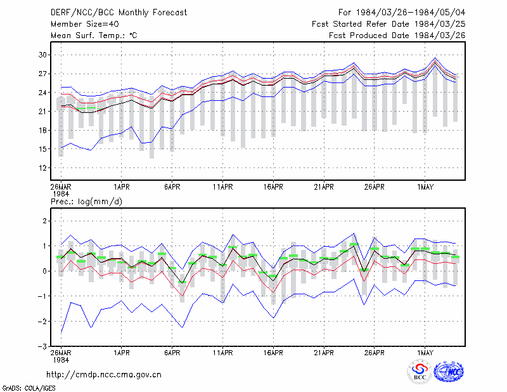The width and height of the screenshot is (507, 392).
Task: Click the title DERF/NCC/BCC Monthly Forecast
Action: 119,13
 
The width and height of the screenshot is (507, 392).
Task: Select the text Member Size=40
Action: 85,24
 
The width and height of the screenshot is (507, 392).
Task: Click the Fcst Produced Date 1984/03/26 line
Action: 397,36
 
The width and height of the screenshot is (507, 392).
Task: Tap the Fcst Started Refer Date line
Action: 388,24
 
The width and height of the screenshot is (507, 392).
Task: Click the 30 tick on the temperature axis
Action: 42,55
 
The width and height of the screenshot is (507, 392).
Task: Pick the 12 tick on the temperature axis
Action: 42,168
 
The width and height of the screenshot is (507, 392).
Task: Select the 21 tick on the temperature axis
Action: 42,112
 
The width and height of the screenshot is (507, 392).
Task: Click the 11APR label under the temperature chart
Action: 223,187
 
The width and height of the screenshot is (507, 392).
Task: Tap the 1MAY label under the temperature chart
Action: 425,187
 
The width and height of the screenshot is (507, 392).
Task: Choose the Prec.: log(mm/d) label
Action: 86,202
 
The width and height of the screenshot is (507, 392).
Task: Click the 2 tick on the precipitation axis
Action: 45,221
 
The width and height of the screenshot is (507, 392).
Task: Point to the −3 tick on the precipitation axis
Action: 42,346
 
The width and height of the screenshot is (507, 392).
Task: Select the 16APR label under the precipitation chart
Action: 273,353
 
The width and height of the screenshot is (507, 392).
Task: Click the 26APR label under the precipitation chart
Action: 375,353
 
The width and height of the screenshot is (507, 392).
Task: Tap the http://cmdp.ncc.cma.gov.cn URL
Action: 104,375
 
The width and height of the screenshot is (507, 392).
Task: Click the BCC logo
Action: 420,372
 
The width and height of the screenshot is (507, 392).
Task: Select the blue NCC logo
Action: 449,372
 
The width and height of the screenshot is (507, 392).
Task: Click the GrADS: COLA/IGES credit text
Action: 29,388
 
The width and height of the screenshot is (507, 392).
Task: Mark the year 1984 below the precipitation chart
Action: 61,360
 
